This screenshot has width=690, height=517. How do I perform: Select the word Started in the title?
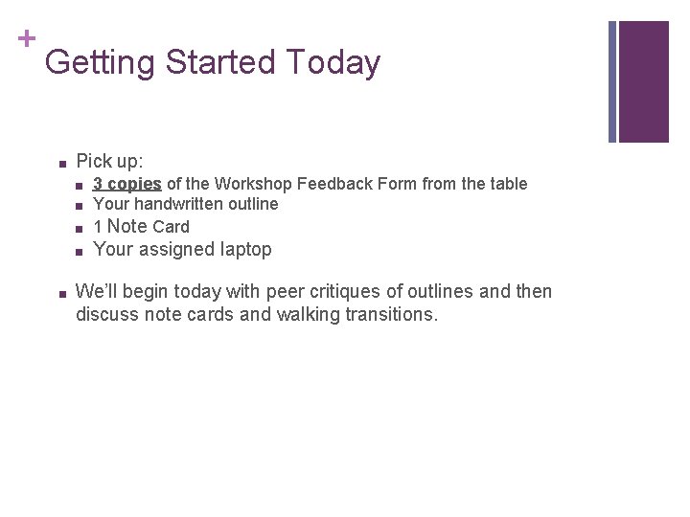[221, 63]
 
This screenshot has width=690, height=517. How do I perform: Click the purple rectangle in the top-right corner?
[644, 81]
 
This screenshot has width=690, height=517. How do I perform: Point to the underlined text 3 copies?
[126, 183]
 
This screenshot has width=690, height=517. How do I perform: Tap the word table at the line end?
[507, 183]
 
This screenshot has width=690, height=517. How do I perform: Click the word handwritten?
[179, 204]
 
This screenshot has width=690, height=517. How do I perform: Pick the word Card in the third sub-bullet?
[172, 227]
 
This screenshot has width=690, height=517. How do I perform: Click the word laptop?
[246, 250]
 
